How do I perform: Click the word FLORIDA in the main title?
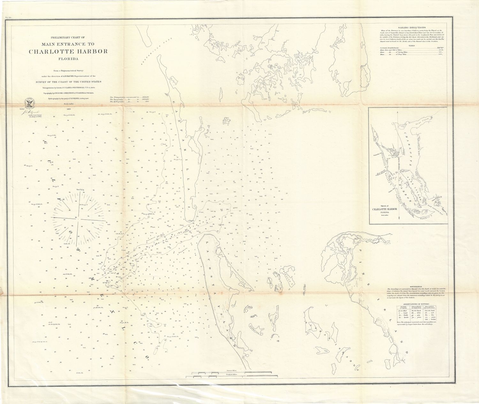[x=68, y=59]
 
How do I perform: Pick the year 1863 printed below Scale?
[x=68, y=109]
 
